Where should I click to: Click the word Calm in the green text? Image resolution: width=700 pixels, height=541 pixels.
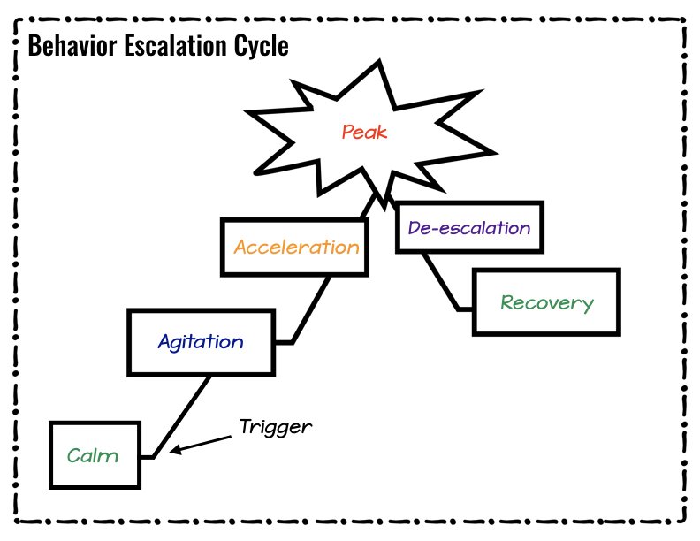pos(92,456)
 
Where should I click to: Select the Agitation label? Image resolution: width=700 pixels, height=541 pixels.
pos(201,341)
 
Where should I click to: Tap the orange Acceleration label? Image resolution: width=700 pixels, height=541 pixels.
pos(296,247)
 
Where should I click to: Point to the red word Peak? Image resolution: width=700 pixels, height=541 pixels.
pos(365,133)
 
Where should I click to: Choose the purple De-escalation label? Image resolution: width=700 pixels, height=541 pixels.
pos(469,227)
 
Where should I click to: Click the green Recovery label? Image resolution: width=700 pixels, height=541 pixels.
pos(546,302)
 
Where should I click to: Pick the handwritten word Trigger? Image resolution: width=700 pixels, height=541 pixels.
pos(276,427)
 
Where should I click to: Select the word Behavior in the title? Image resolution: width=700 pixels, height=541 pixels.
pos(71,46)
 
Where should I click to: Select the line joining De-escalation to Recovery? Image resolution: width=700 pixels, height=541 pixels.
pos(439,281)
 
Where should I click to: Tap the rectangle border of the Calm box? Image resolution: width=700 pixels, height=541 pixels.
pos(50,455)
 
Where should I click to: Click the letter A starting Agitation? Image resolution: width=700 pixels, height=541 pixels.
pos(164,341)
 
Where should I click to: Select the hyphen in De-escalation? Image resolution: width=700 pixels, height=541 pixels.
pos(430,228)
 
